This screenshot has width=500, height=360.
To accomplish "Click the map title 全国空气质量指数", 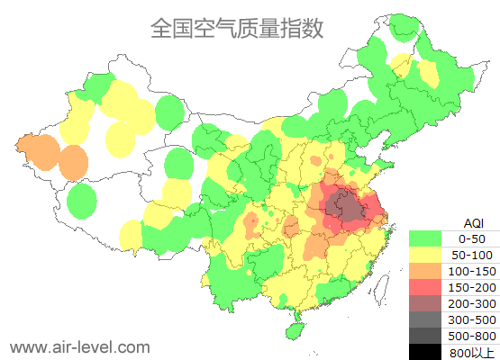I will (x=236, y=28).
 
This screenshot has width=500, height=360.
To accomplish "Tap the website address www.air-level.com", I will (x=79, y=346).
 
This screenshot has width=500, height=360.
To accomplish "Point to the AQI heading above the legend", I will (x=473, y=222).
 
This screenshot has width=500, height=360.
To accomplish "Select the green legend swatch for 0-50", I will (x=428, y=238).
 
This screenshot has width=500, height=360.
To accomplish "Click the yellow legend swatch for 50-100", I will (x=428, y=255).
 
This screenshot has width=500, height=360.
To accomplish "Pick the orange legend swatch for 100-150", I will (x=428, y=271).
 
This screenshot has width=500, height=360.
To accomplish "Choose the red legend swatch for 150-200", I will (x=428, y=287).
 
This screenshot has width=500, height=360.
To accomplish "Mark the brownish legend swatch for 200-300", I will (x=428, y=303).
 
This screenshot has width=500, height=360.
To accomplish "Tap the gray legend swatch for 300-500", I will (x=428, y=319).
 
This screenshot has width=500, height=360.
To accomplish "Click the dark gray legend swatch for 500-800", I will (x=428, y=336).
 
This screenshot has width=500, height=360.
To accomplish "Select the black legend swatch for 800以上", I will (x=428, y=351).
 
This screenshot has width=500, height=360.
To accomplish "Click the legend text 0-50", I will (x=472, y=238).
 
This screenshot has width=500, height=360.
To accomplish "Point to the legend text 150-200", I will (x=472, y=287).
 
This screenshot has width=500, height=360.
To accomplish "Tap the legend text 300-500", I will (x=472, y=319).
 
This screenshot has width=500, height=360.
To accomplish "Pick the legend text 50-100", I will (x=472, y=255).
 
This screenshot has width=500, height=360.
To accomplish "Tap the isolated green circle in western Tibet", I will (x=82, y=200).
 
